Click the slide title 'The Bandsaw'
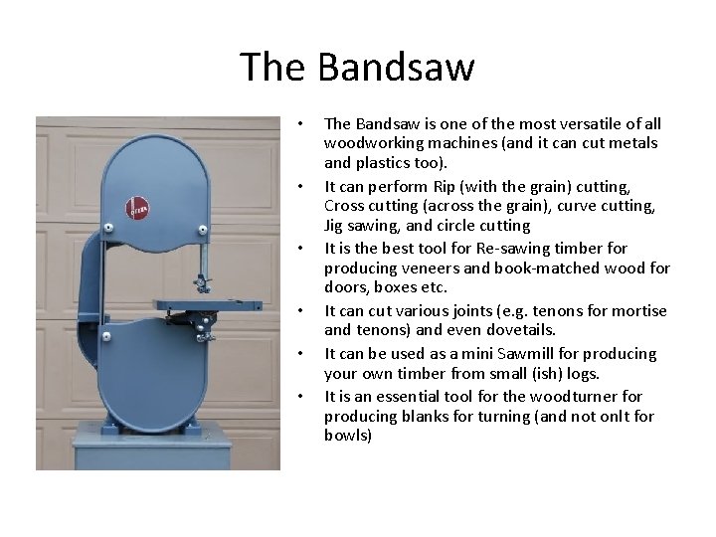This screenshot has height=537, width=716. [358, 68]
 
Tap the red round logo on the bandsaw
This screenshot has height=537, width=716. [138, 209]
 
